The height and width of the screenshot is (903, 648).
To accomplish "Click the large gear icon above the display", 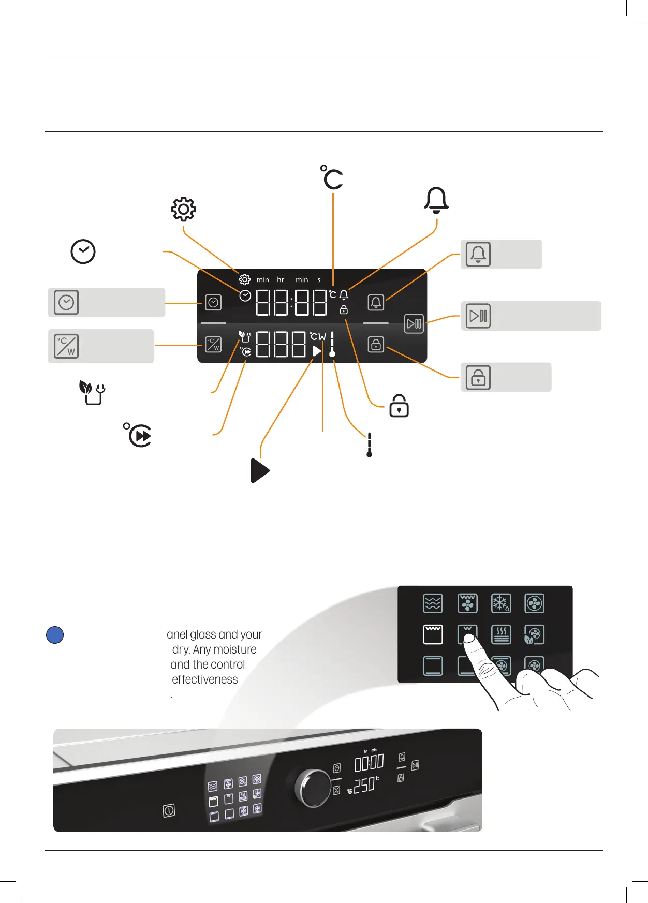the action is tap(184, 209).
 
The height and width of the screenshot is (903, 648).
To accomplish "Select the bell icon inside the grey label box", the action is tap(478, 254).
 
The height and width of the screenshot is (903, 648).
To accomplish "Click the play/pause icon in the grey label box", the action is tap(478, 316).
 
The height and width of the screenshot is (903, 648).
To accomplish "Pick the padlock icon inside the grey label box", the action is tap(478, 377).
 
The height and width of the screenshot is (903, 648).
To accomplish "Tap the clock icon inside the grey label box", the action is tap(66, 303).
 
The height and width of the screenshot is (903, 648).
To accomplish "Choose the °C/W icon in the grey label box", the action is tap(66, 346).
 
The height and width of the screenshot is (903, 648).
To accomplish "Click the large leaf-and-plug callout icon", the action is tap(92, 393).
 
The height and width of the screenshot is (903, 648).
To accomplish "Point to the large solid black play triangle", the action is tap(259, 470).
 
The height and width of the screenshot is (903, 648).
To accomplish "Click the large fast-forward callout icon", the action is tap(139, 435).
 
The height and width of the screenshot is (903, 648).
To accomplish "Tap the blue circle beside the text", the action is tap(55, 635).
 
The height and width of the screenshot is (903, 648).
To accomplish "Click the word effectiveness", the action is tap(205, 679).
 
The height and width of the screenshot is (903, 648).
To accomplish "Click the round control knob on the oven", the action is tap(314, 788).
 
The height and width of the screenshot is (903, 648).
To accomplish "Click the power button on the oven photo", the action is tap(169, 810).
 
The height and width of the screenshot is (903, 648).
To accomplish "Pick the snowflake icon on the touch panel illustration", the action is tap(500, 603).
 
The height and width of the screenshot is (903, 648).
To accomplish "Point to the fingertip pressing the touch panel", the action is tap(468, 640).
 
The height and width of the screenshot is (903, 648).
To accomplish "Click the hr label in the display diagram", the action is tap(281, 280).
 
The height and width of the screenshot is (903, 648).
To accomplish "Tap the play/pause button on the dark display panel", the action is tap(414, 324).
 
